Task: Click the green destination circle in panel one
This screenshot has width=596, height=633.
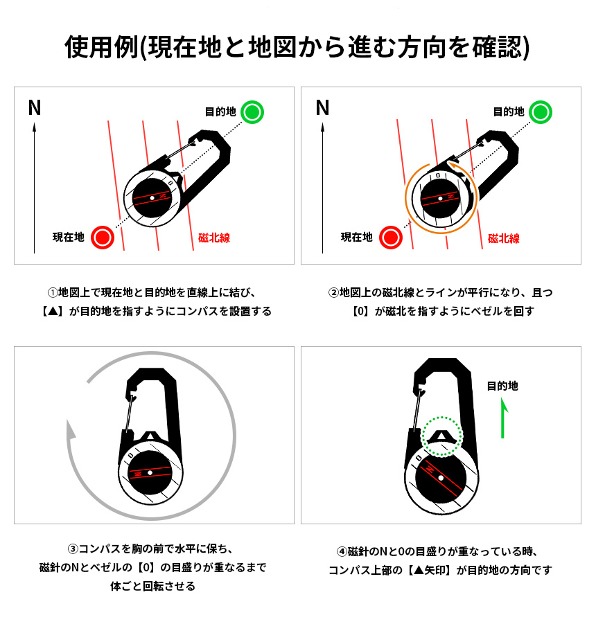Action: [252, 112]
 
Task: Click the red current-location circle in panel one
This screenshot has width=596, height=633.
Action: [103, 238]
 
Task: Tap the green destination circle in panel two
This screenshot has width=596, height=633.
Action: [541, 112]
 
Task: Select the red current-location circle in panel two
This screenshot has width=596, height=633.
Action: [391, 238]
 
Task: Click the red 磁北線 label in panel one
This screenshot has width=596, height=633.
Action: [214, 238]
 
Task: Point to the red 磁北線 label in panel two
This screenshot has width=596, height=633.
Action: [504, 238]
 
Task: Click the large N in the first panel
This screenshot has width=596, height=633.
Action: [35, 108]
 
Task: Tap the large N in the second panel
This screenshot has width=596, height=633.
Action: [323, 108]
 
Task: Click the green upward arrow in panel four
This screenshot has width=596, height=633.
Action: [503, 418]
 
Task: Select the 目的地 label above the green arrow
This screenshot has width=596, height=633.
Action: [502, 386]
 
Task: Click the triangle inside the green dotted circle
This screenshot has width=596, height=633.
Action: [441, 436]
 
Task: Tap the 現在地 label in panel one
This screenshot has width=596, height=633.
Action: [69, 237]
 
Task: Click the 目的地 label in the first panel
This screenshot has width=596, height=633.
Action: [220, 112]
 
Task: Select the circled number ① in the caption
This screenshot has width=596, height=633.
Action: [53, 292]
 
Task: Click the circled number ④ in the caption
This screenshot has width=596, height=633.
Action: [342, 551]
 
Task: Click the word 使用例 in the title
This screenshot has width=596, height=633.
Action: [101, 47]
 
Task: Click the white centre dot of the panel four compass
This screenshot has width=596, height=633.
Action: [441, 478]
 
